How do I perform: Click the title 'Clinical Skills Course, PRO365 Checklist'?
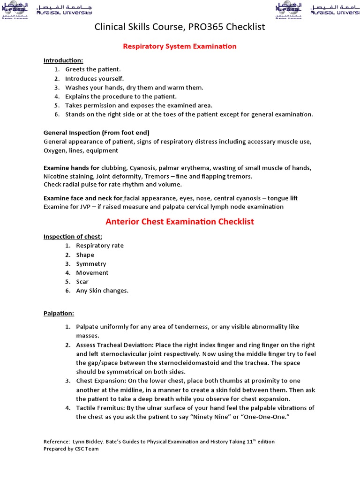[180, 27]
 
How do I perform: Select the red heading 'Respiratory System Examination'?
[180, 46]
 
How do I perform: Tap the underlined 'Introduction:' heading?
[63, 60]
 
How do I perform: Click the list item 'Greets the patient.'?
[93, 69]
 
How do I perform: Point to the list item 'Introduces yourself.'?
[94, 78]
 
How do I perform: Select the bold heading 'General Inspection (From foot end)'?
[96, 133]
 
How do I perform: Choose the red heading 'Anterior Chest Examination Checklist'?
[180, 221]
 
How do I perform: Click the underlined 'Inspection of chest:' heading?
[73, 236]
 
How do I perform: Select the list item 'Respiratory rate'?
[100, 246]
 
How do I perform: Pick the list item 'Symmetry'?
[91, 264]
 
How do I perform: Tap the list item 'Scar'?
[82, 282]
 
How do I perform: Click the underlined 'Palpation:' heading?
[59, 313]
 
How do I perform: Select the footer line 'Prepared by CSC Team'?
[71, 449]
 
